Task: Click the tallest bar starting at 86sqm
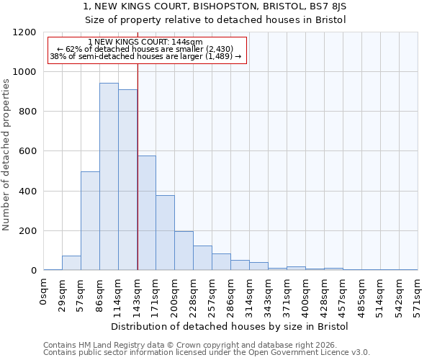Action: click(109, 176)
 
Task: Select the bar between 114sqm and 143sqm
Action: click(127, 180)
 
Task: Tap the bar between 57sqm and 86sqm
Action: click(90, 221)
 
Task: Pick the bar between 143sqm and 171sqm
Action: click(146, 213)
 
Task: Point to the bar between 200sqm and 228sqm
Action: click(184, 251)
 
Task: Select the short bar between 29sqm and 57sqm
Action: click(71, 263)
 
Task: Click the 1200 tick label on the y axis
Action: click(24, 32)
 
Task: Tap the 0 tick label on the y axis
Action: click(33, 271)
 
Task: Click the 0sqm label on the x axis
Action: click(43, 292)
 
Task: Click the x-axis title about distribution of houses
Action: click(230, 326)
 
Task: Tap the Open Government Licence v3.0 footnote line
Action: click(207, 352)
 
